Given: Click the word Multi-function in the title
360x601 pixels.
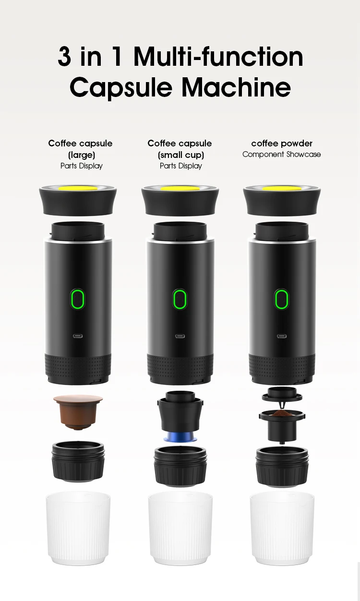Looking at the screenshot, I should coord(218,58).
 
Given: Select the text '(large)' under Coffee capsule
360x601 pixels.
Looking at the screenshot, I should coord(81,155).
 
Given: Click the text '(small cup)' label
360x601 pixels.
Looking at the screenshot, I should coord(180,155).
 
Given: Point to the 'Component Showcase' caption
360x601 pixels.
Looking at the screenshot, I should coord(281,155).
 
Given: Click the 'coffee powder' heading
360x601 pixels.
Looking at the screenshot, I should coord(281,144).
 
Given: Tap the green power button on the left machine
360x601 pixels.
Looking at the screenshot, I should coord(77,299).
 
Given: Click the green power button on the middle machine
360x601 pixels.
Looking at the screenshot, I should coord(180,299).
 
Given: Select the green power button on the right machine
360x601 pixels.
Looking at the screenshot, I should coord(281,299).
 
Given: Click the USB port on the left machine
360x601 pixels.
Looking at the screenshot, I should coord(77,336).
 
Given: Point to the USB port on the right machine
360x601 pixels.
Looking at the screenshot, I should coord(281,336).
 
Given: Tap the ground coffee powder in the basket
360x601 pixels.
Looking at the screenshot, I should coord(282,413).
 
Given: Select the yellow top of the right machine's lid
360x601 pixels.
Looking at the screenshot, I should coord(282,189).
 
